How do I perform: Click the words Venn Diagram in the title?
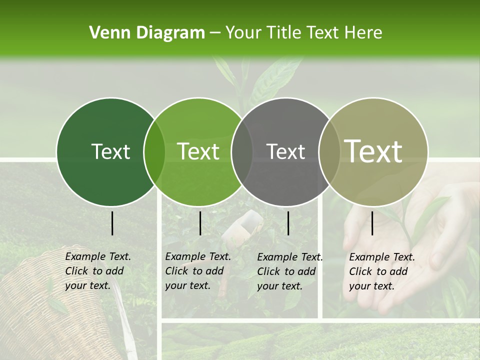tap(147, 33)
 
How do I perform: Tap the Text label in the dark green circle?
tap(110, 151)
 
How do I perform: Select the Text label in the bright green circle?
tap(198, 151)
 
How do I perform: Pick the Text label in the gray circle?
tap(285, 151)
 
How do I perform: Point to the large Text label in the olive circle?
tap(373, 151)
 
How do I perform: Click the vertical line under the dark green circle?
tap(112, 223)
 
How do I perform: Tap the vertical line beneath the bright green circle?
tap(200, 223)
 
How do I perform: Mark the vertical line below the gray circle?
tap(288, 223)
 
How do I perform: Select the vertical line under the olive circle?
tap(372, 223)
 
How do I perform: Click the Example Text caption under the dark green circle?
tap(97, 271)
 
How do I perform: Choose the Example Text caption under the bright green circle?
tap(197, 271)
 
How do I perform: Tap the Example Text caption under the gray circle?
tap(289, 271)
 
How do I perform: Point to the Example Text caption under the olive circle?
tap(381, 271)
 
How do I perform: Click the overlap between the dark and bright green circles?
tap(154, 151)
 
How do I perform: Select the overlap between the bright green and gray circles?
tap(242, 151)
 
